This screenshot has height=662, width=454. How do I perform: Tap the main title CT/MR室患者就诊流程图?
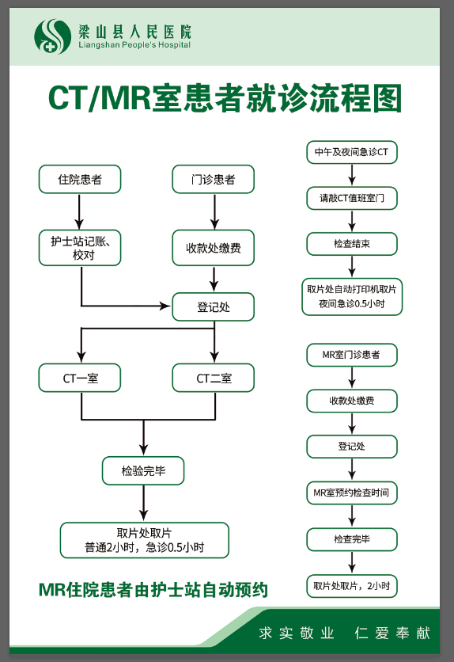click(x=225, y=99)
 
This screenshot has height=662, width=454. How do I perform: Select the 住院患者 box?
click(x=80, y=180)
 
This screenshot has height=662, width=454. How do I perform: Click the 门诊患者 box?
click(x=214, y=180)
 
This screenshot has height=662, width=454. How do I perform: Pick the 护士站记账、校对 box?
click(x=80, y=247)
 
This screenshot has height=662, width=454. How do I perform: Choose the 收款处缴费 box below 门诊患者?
click(x=214, y=248)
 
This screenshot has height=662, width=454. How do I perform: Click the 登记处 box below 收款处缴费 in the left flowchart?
click(x=214, y=307)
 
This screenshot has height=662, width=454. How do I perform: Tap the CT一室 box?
click(x=80, y=378)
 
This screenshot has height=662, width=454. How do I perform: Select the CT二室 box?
click(x=214, y=378)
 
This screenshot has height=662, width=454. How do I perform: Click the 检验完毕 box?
click(x=143, y=470)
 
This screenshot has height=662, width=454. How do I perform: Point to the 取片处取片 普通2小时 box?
click(x=145, y=540)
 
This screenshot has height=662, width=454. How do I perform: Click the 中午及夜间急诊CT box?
click(x=351, y=151)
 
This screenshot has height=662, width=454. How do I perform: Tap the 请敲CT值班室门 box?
click(x=351, y=198)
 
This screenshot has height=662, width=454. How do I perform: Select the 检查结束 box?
click(x=351, y=244)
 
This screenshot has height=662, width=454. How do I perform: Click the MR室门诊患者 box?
click(x=351, y=355)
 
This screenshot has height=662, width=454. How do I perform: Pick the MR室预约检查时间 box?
click(x=351, y=493)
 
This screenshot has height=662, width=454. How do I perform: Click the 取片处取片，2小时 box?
click(x=351, y=586)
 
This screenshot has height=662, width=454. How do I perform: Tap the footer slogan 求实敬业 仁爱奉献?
click(x=344, y=633)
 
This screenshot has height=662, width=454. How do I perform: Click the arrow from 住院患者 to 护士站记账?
click(x=80, y=211)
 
